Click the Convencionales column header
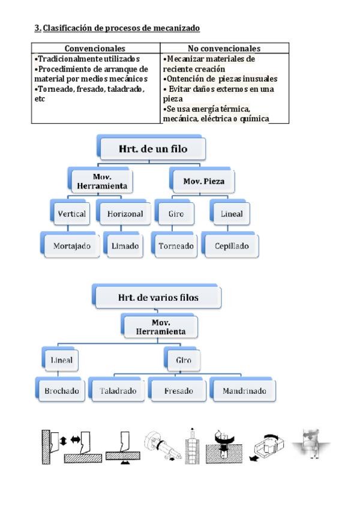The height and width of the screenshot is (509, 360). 95,48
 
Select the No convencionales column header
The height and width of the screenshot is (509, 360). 224,48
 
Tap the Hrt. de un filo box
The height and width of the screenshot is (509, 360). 152,148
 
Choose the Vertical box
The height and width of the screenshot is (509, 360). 72,214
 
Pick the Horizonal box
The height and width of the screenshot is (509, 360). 125,214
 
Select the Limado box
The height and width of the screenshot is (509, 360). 125,245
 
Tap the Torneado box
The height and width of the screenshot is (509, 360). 176,245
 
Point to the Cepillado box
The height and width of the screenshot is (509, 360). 232,245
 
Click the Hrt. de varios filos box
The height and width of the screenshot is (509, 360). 158,297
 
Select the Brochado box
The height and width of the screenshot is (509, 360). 61,391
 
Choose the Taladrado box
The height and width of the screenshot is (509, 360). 118,391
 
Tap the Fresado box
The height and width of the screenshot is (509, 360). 179,391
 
